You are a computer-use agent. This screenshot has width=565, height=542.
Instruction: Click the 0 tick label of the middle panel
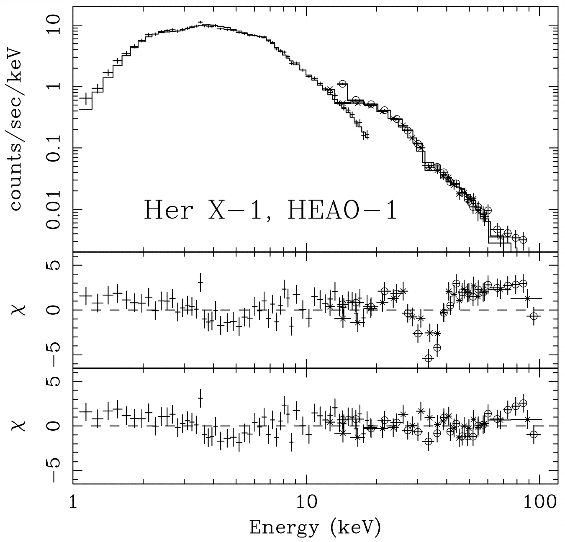tap(55, 310)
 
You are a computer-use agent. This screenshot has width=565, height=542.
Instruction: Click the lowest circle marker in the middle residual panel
tap(428, 358)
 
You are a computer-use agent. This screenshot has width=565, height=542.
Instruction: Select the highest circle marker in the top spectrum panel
tap(343, 84)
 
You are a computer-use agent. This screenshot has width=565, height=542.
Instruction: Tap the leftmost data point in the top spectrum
tap(86, 99)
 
